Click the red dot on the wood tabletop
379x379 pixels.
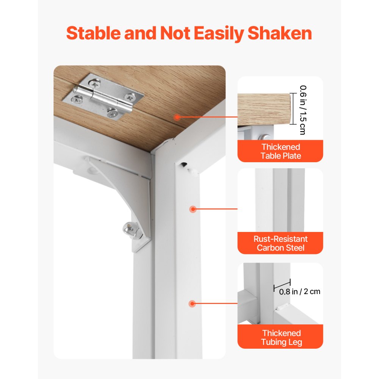coord(177,117)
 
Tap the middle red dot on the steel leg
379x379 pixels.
coord(193,209)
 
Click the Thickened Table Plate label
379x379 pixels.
coord(280,151)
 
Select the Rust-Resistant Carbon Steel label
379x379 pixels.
coord(280,243)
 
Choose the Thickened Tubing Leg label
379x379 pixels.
coord(280,338)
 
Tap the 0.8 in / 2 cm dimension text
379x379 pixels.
coord(300,291)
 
